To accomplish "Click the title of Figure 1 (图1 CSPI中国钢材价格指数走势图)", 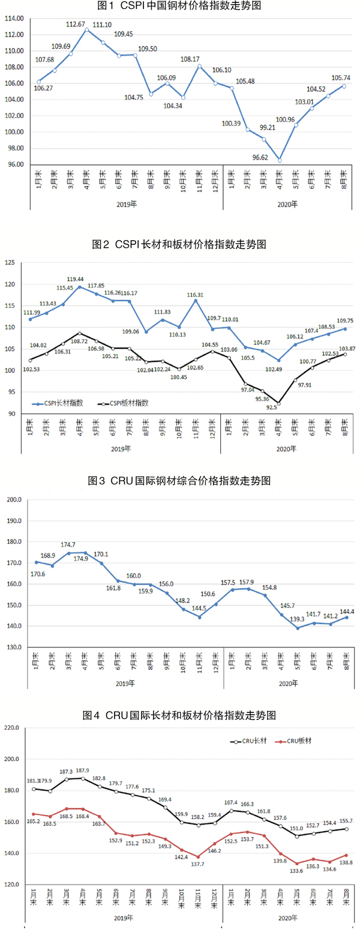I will click(180, 6).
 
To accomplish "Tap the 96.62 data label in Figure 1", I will click(263, 157).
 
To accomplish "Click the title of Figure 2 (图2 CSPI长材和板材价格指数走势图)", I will click(179, 244).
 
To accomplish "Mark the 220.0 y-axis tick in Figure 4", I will click(12, 728).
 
